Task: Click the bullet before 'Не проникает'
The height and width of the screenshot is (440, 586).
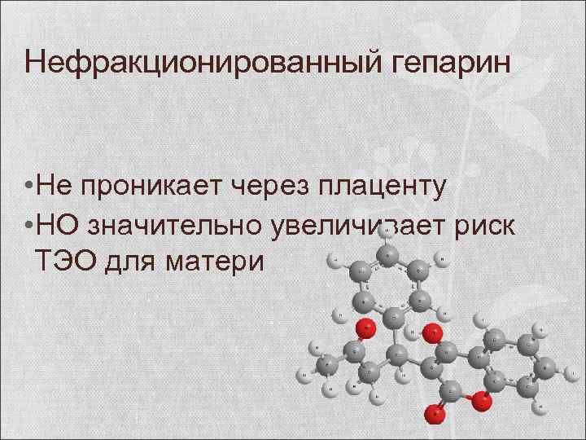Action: pos(28,187)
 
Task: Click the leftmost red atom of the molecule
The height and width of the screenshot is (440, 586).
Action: pos(369,329)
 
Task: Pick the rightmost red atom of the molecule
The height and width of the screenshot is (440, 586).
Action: pos(483,401)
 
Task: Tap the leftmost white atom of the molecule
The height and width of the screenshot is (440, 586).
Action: pos(302,376)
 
